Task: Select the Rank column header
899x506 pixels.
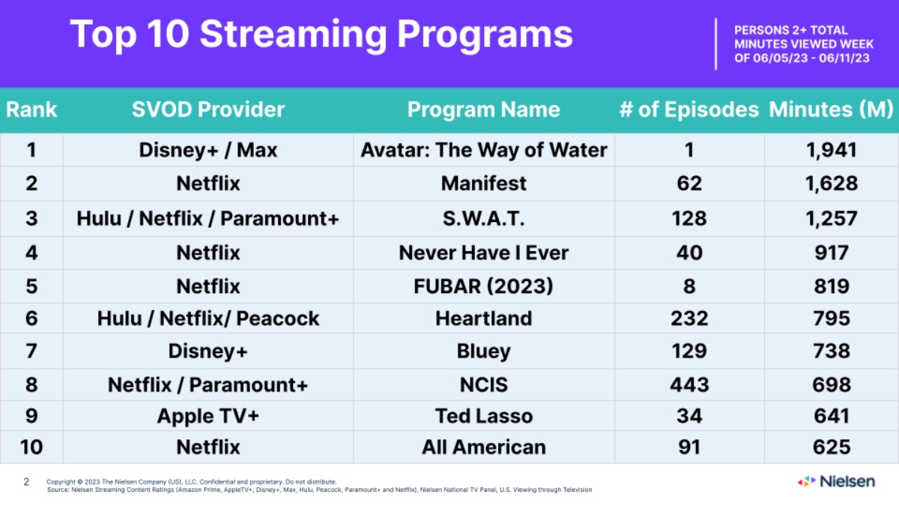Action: click(31, 109)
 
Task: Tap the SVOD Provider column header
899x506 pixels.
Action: click(208, 109)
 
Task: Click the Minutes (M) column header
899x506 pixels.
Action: click(831, 109)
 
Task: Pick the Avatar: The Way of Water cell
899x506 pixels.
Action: click(484, 150)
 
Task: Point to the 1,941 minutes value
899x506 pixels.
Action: click(831, 150)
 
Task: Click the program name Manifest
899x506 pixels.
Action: click(484, 184)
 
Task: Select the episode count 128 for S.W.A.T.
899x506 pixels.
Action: click(689, 218)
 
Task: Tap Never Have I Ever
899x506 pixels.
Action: click(484, 253)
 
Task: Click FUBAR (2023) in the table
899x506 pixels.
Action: click(484, 286)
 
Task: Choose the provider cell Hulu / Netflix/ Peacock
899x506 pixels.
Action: click(208, 319)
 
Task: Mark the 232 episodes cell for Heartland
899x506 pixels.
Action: click(689, 319)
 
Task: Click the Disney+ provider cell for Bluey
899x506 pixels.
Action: click(208, 351)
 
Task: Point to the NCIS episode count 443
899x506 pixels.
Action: click(689, 385)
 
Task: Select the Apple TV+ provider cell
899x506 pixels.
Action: click(208, 416)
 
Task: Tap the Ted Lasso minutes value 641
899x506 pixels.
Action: click(831, 416)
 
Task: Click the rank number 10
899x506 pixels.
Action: click(31, 448)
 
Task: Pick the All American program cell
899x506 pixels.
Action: click(484, 448)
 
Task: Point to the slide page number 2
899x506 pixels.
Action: click(26, 481)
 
